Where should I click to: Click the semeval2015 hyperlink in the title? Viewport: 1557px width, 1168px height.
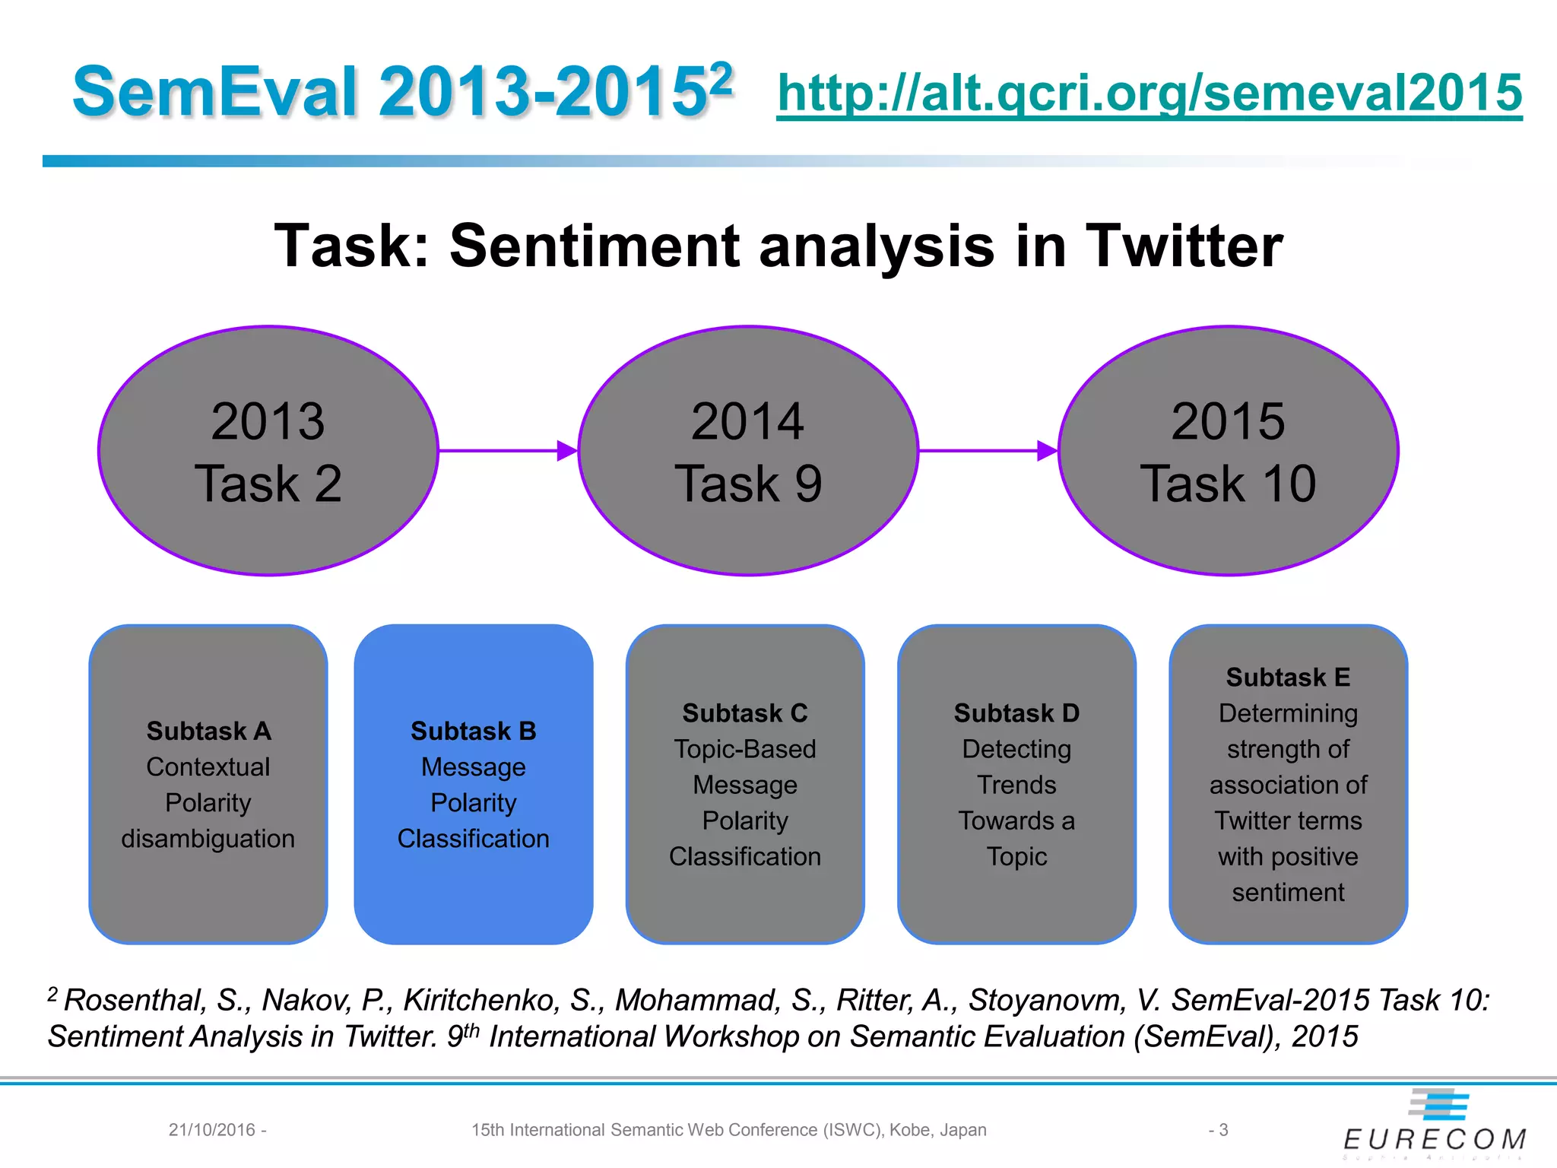tap(1149, 93)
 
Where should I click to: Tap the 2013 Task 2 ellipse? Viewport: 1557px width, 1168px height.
tap(268, 450)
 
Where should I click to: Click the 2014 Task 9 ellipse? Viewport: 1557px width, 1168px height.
tap(748, 450)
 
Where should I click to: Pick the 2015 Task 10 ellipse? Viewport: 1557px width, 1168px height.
tap(1228, 450)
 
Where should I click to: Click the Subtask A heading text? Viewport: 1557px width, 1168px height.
tap(208, 731)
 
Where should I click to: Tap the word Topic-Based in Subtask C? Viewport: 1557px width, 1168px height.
tap(744, 749)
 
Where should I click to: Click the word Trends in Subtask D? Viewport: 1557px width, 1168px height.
tap(1016, 785)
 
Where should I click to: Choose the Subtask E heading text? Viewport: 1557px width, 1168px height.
tap(1288, 677)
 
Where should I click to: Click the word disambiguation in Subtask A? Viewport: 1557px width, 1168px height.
tap(208, 839)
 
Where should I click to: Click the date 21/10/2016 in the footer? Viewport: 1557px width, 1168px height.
tap(212, 1130)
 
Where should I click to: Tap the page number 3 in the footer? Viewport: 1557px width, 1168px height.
tap(1223, 1130)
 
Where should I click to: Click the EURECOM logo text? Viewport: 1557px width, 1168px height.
tap(1435, 1138)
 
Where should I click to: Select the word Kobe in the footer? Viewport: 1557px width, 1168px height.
tap(911, 1130)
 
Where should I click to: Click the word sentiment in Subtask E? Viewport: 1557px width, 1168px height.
tap(1288, 892)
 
